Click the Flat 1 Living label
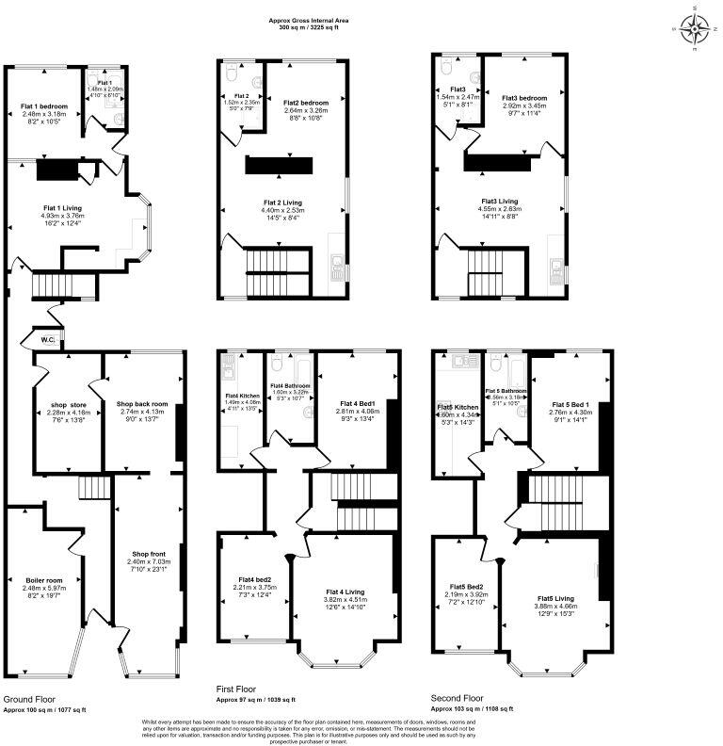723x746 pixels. click(63, 207)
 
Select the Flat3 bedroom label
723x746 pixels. click(524, 98)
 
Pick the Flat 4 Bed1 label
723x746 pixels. click(355, 402)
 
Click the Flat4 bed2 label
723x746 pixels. click(254, 578)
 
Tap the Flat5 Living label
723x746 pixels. click(555, 598)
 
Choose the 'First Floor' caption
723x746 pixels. click(239, 691)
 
